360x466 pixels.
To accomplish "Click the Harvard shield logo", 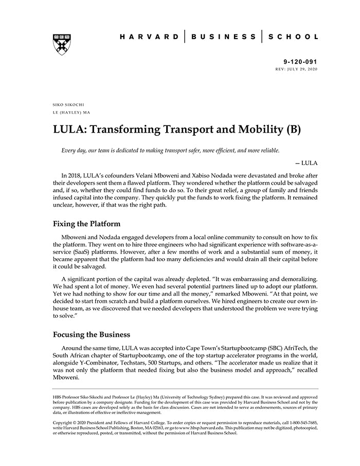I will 62,44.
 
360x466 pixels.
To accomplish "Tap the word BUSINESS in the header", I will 224,37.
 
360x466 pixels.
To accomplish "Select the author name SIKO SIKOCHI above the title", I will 68,104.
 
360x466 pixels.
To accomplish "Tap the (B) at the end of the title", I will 292,129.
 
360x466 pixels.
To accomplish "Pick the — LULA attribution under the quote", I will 306,163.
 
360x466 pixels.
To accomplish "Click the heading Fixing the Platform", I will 87,224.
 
